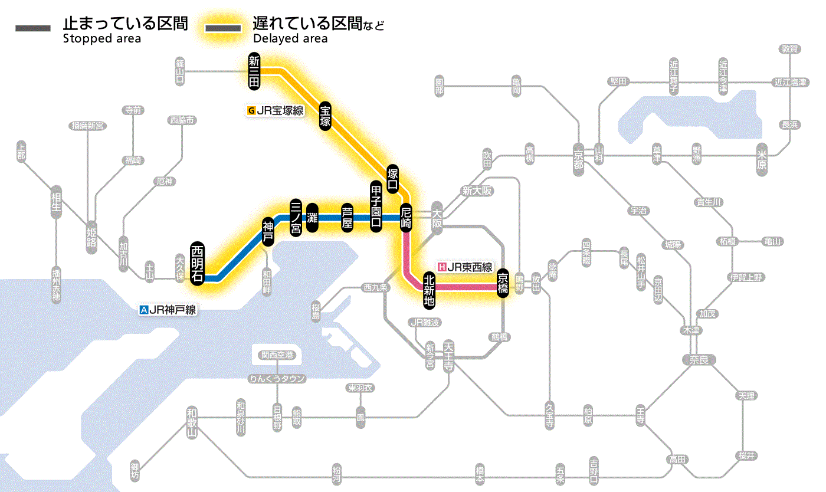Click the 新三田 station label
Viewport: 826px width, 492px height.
[x=254, y=71]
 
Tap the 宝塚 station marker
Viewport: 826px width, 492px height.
[x=326, y=116]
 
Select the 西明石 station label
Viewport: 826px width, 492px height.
[x=197, y=263]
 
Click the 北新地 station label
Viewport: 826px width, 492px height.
[x=429, y=290]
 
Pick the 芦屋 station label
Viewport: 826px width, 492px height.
[x=347, y=218]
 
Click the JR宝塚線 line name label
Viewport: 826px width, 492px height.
[x=276, y=110]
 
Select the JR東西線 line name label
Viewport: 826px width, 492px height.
[x=465, y=267]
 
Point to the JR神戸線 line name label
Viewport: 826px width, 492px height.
[x=168, y=309]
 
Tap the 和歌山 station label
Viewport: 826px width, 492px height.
[x=191, y=422]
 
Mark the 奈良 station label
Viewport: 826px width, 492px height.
[x=698, y=359]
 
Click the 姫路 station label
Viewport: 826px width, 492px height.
[x=91, y=236]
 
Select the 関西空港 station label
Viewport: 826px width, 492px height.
[x=277, y=355]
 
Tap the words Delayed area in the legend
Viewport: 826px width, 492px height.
[x=290, y=39]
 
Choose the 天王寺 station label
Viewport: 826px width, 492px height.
[x=450, y=353]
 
